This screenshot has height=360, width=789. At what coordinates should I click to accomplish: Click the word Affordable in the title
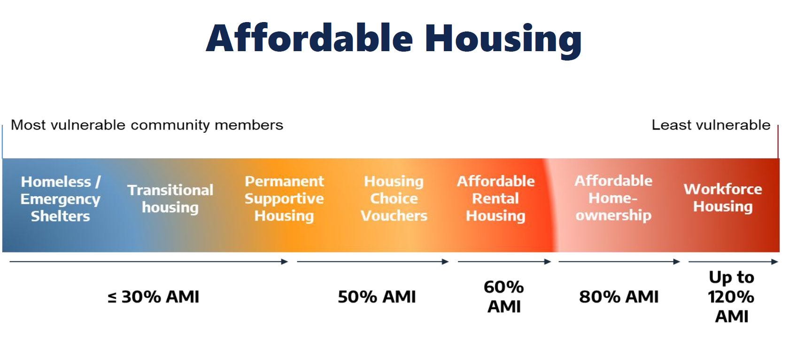click(x=309, y=38)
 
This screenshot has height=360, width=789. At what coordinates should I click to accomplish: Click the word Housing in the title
click(x=503, y=40)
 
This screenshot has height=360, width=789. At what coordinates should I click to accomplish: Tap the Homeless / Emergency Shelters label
click(x=61, y=199)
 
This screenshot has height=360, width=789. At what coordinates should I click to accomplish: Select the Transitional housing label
click(x=170, y=199)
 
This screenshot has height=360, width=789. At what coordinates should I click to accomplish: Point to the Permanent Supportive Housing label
click(x=284, y=199)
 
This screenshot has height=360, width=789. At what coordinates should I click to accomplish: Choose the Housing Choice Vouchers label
click(x=394, y=199)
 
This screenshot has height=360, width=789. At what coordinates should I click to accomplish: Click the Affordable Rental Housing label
click(x=495, y=199)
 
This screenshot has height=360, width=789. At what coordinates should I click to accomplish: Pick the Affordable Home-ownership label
click(x=613, y=198)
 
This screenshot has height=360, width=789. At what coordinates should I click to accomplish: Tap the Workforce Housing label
click(x=723, y=198)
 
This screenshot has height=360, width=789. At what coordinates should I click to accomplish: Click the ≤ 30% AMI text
click(x=154, y=297)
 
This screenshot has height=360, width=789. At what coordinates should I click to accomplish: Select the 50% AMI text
click(x=377, y=297)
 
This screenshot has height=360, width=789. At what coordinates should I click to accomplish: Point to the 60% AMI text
click(x=503, y=297)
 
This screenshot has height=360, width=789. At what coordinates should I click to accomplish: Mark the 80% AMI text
click(x=619, y=297)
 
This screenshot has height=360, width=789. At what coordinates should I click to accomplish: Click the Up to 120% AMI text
click(x=731, y=297)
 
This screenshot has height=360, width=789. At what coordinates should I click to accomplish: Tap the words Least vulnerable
click(x=711, y=125)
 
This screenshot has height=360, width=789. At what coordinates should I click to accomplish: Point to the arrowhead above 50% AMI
click(x=445, y=261)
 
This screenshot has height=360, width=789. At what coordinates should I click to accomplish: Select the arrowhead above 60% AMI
click(x=548, y=261)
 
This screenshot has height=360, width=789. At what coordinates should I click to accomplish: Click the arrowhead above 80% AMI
click(x=677, y=261)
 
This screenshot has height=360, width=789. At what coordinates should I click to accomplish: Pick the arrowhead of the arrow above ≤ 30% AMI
click(x=285, y=261)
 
